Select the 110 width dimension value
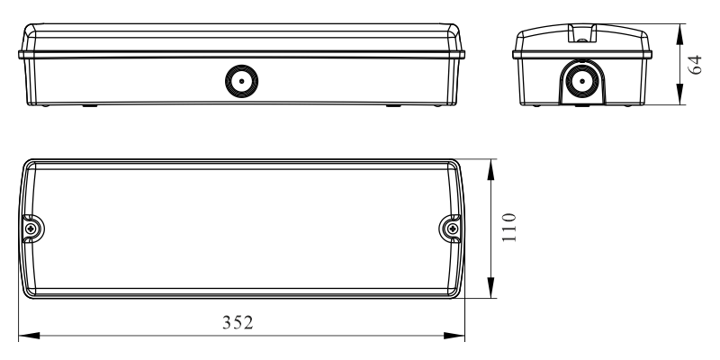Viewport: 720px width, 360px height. (x=508, y=230)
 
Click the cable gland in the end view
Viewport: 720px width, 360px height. (x=583, y=82)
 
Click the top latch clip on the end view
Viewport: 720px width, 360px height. (x=583, y=36)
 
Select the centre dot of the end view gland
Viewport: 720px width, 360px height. (x=583, y=82)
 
